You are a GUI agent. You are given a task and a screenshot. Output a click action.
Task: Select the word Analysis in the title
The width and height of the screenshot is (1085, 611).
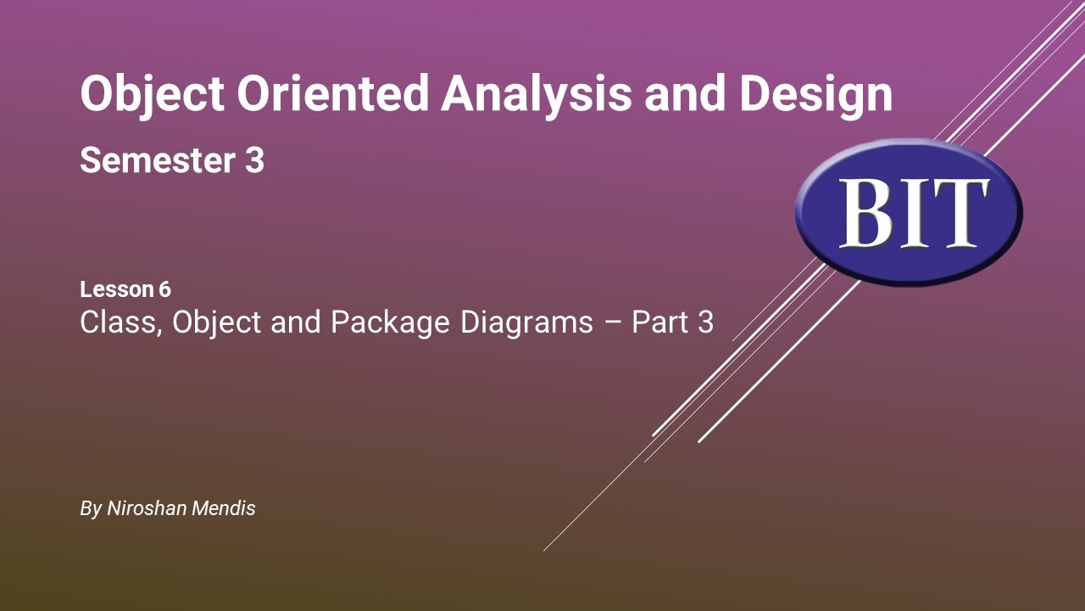pos(536,94)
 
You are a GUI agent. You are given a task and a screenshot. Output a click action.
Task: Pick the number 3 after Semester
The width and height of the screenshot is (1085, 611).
pos(254,160)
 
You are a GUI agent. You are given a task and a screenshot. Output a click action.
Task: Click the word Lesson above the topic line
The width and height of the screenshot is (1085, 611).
pos(115,289)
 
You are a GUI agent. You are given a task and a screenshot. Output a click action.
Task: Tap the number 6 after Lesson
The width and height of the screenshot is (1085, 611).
pos(164,289)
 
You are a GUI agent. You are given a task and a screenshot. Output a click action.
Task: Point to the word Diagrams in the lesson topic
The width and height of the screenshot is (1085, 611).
pos(526,322)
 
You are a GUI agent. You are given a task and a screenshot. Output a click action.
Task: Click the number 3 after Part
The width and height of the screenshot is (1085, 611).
pos(705,322)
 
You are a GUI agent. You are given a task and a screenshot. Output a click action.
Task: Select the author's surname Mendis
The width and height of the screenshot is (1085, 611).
pos(226,508)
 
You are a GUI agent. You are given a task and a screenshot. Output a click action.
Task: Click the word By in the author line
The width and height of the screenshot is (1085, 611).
pos(90,508)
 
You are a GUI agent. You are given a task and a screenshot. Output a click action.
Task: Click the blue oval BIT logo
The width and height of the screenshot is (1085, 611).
pos(909,212)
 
